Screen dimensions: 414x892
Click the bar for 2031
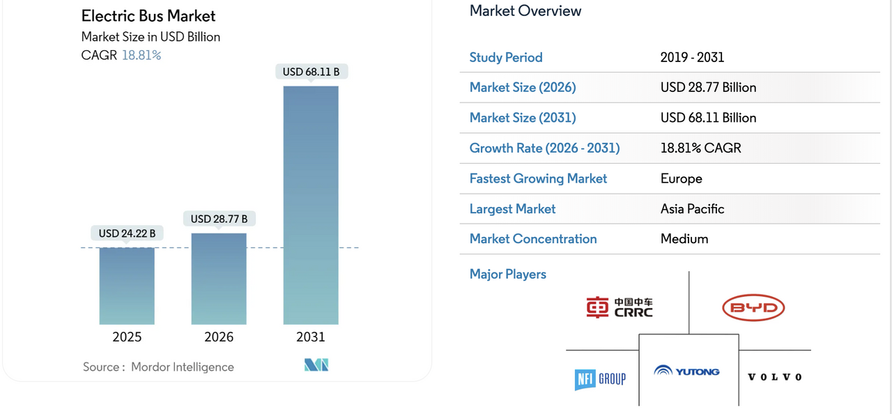click(x=311, y=205)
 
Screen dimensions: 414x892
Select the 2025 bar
click(x=127, y=286)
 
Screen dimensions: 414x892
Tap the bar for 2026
click(x=219, y=279)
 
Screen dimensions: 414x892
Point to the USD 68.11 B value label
click(x=311, y=71)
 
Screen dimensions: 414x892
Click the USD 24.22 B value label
click(x=127, y=233)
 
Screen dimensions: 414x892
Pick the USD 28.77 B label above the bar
click(x=219, y=219)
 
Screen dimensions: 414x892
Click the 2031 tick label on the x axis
click(x=311, y=337)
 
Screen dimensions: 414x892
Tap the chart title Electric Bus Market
click(x=148, y=16)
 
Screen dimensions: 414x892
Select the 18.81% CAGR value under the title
click(x=141, y=55)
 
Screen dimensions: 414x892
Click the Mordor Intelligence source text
click(x=182, y=367)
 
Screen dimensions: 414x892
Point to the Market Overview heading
click(x=525, y=10)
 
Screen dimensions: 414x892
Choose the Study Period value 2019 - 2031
click(x=692, y=57)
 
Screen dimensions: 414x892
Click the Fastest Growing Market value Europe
click(x=682, y=178)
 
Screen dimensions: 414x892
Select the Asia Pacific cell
click(x=692, y=208)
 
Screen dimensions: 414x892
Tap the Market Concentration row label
click(x=533, y=238)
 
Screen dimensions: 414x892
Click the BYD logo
click(x=753, y=307)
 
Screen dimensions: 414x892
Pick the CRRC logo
click(x=620, y=307)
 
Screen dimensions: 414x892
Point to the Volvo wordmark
click(x=774, y=377)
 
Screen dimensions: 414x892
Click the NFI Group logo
click(x=600, y=379)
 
